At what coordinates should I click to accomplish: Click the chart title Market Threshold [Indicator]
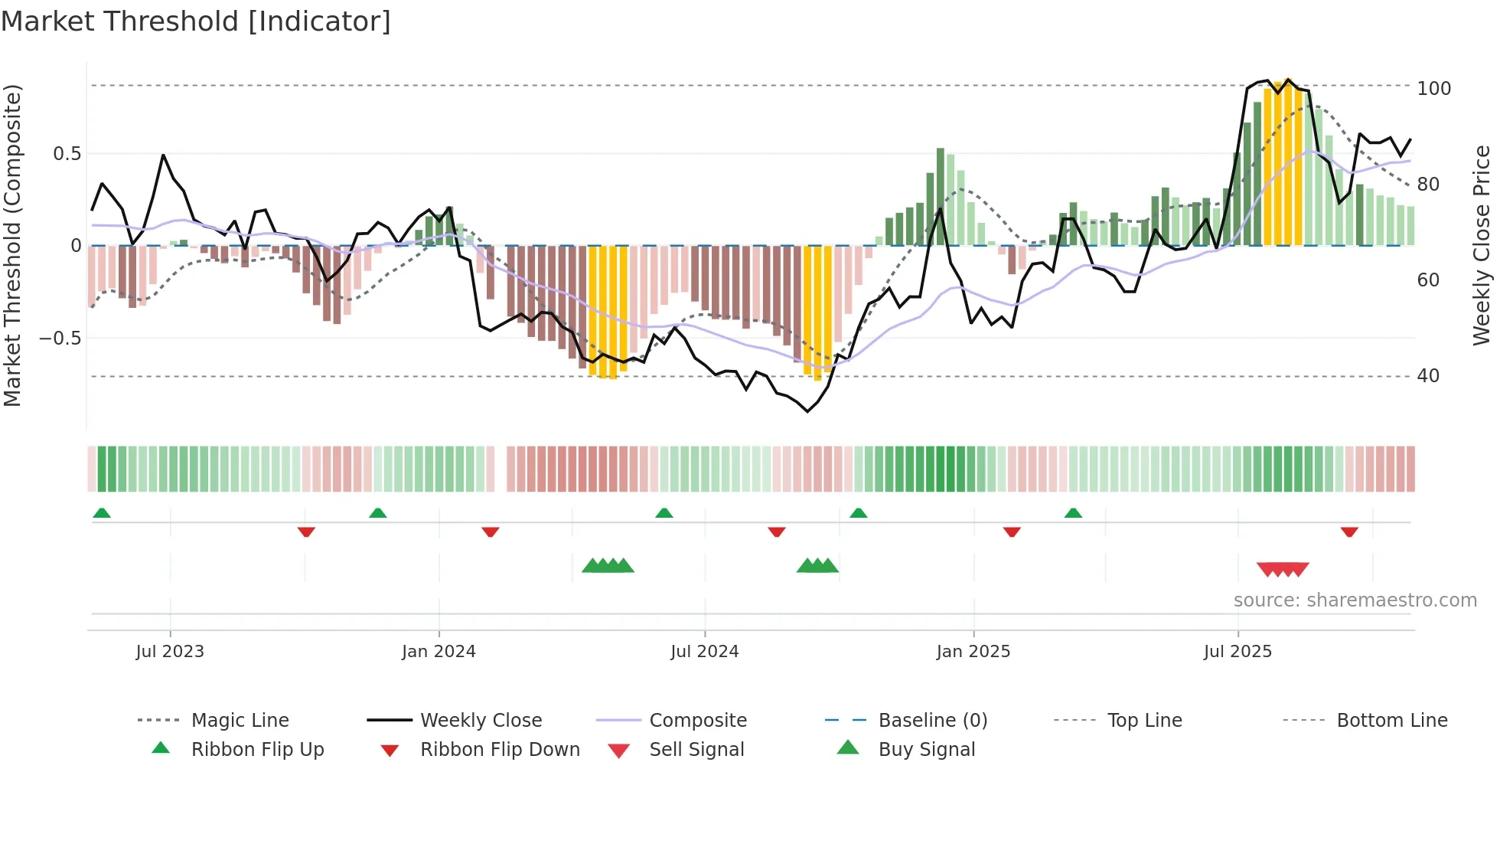pyautogui.click(x=196, y=21)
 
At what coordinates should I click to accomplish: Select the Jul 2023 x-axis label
pyautogui.click(x=170, y=652)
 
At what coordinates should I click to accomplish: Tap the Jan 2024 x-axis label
pyautogui.click(x=439, y=652)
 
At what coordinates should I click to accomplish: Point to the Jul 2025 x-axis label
pyautogui.click(x=1237, y=652)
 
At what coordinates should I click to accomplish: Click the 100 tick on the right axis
pyautogui.click(x=1433, y=89)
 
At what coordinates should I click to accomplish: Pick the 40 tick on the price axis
pyautogui.click(x=1428, y=376)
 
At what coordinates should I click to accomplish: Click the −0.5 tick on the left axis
pyautogui.click(x=60, y=339)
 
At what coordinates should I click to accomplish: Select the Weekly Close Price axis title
pyautogui.click(x=1482, y=245)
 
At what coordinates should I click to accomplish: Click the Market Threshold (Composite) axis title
pyautogui.click(x=13, y=245)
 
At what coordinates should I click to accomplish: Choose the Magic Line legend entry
pyautogui.click(x=240, y=721)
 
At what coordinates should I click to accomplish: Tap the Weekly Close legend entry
pyautogui.click(x=481, y=721)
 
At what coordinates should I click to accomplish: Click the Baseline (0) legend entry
pyautogui.click(x=932, y=721)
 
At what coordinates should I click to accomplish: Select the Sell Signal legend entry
pyautogui.click(x=696, y=750)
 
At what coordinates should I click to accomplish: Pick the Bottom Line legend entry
pyautogui.click(x=1391, y=721)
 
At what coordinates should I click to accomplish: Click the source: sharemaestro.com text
pyautogui.click(x=1355, y=600)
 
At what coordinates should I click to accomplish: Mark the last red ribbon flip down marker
pyautogui.click(x=1349, y=532)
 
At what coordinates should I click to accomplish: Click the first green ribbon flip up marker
pyautogui.click(x=102, y=513)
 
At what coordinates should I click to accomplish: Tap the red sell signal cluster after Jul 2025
pyautogui.click(x=1283, y=569)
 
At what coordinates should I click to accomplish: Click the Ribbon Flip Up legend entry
pyautogui.click(x=257, y=750)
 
